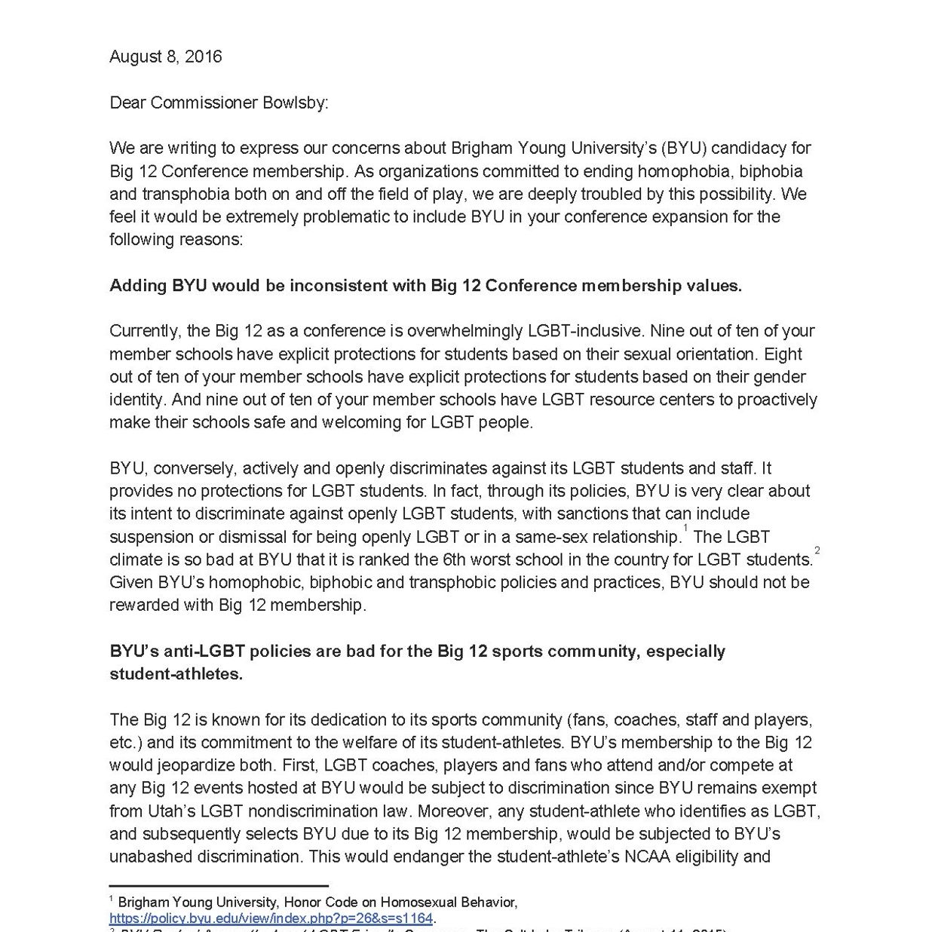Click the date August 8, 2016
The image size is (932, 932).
[165, 57]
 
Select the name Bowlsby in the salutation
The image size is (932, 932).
[297, 103]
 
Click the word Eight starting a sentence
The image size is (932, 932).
[782, 354]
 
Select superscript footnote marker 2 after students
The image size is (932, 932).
[817, 551]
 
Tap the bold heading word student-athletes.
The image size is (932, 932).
[176, 674]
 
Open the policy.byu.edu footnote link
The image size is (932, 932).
[271, 918]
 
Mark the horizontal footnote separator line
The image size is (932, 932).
[219, 886]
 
